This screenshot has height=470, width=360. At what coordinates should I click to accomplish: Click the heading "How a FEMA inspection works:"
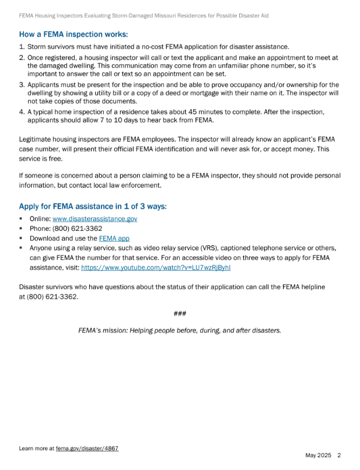coord(74,34)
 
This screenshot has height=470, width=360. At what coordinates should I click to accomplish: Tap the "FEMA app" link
coord(114,238)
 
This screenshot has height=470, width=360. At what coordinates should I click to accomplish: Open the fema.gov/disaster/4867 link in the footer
coord(88,448)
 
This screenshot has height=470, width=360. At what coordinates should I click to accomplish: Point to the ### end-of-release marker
coord(180,314)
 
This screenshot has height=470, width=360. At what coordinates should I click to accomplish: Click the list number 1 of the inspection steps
coord(22,47)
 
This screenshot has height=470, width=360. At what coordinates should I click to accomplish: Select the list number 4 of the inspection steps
coord(22,111)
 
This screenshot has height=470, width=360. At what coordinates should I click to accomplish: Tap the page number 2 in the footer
coord(339,455)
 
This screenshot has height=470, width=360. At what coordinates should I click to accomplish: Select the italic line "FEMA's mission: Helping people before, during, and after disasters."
coord(180,330)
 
